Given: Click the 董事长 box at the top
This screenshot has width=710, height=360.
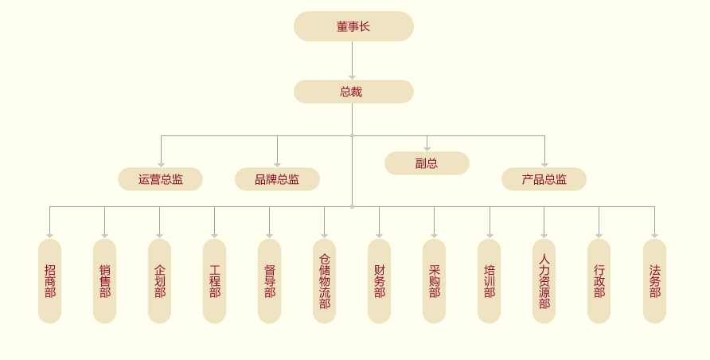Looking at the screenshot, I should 353,26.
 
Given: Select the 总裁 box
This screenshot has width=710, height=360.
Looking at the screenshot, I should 353,92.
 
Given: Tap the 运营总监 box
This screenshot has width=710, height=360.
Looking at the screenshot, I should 160,179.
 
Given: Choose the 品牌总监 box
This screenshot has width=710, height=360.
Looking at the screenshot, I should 277,179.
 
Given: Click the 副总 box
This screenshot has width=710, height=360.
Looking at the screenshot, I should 427,163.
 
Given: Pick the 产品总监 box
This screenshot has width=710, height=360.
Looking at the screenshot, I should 544,179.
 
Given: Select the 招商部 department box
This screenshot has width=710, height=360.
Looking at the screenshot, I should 49,281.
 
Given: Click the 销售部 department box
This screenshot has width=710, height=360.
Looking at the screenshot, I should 104,281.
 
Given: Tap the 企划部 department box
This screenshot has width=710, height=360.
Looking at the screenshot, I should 159,281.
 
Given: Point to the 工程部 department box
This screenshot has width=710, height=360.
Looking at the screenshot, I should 214,281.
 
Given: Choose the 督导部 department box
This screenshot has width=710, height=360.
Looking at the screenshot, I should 269,281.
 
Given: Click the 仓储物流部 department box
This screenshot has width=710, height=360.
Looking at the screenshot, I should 324,281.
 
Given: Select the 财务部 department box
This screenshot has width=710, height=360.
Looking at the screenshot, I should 379,281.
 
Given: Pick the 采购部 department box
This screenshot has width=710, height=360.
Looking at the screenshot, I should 434,281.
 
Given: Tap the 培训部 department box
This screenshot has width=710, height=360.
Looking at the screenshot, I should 489,281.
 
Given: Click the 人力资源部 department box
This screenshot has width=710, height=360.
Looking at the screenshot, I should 544,281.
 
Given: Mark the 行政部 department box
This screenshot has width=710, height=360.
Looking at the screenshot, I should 599,281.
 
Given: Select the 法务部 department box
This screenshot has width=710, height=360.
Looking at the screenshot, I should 654,281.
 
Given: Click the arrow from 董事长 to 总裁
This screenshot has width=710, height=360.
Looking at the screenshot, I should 352,61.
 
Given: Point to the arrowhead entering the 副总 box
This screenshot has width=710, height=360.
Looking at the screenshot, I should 427,148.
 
